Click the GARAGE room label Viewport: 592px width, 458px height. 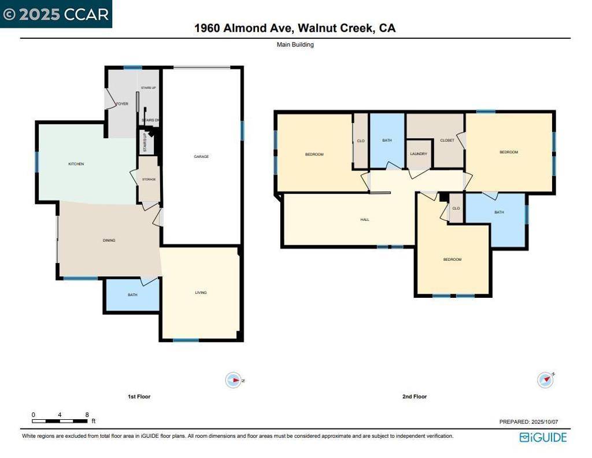coord(201,157)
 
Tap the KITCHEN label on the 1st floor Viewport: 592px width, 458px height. coord(76,164)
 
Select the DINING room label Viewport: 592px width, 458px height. coord(109,240)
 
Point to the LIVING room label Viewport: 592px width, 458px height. coord(201,293)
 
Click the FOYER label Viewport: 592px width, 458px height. coord(122,104)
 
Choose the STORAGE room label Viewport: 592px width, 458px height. coord(149,180)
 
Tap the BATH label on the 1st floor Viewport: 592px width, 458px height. coord(132,295)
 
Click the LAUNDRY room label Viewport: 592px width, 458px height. coord(419,154)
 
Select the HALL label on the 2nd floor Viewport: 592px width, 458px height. coord(364,220)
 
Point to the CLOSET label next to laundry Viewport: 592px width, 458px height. coord(447,141)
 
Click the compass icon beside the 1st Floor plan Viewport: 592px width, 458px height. coord(233,380)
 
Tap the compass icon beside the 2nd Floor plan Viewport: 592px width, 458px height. coord(545,380)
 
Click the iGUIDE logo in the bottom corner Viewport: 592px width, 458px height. coord(543,437)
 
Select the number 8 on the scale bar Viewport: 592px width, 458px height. coord(87,415)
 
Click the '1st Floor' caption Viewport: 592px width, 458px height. coord(139,397)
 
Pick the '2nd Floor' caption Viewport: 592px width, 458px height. coord(415,397)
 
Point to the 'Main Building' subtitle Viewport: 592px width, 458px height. coord(295,45)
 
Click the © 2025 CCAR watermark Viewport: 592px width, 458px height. coord(56,14)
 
